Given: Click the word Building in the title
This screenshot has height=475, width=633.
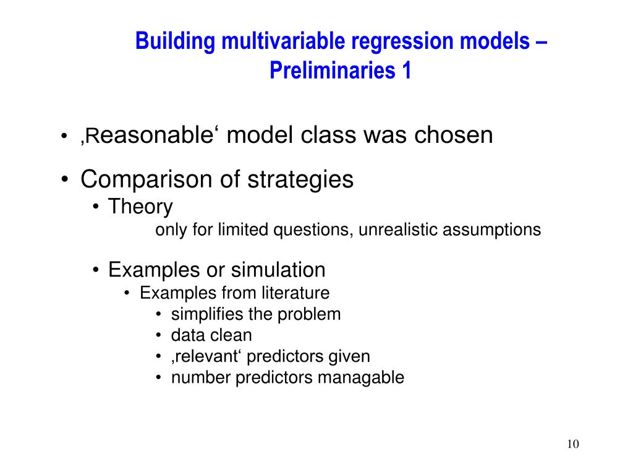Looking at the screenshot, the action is tap(175, 42).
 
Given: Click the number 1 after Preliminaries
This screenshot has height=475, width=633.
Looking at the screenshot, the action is tap(406, 70).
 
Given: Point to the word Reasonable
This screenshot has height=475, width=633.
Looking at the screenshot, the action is tap(147, 135).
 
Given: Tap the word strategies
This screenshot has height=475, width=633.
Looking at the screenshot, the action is tap(300, 180).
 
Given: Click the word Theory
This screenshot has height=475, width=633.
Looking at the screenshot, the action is tap(140, 207).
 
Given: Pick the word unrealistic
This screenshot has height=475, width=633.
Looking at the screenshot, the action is tap(398, 229).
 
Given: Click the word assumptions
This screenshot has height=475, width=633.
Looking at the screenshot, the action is tap(491, 230).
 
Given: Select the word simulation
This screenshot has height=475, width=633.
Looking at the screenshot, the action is tap(278, 270).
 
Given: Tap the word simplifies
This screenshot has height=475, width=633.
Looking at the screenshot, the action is tap(206, 314).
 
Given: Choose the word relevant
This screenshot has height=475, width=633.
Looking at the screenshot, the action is tap(207, 356).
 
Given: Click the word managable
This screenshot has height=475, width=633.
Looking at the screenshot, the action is tap(361, 378).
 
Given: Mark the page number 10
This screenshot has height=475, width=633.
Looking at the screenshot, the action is tap(573, 444).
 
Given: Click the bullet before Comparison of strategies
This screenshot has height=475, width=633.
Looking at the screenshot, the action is tap(64, 179).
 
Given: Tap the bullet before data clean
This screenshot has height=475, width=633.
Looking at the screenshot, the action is tap(159, 335).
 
